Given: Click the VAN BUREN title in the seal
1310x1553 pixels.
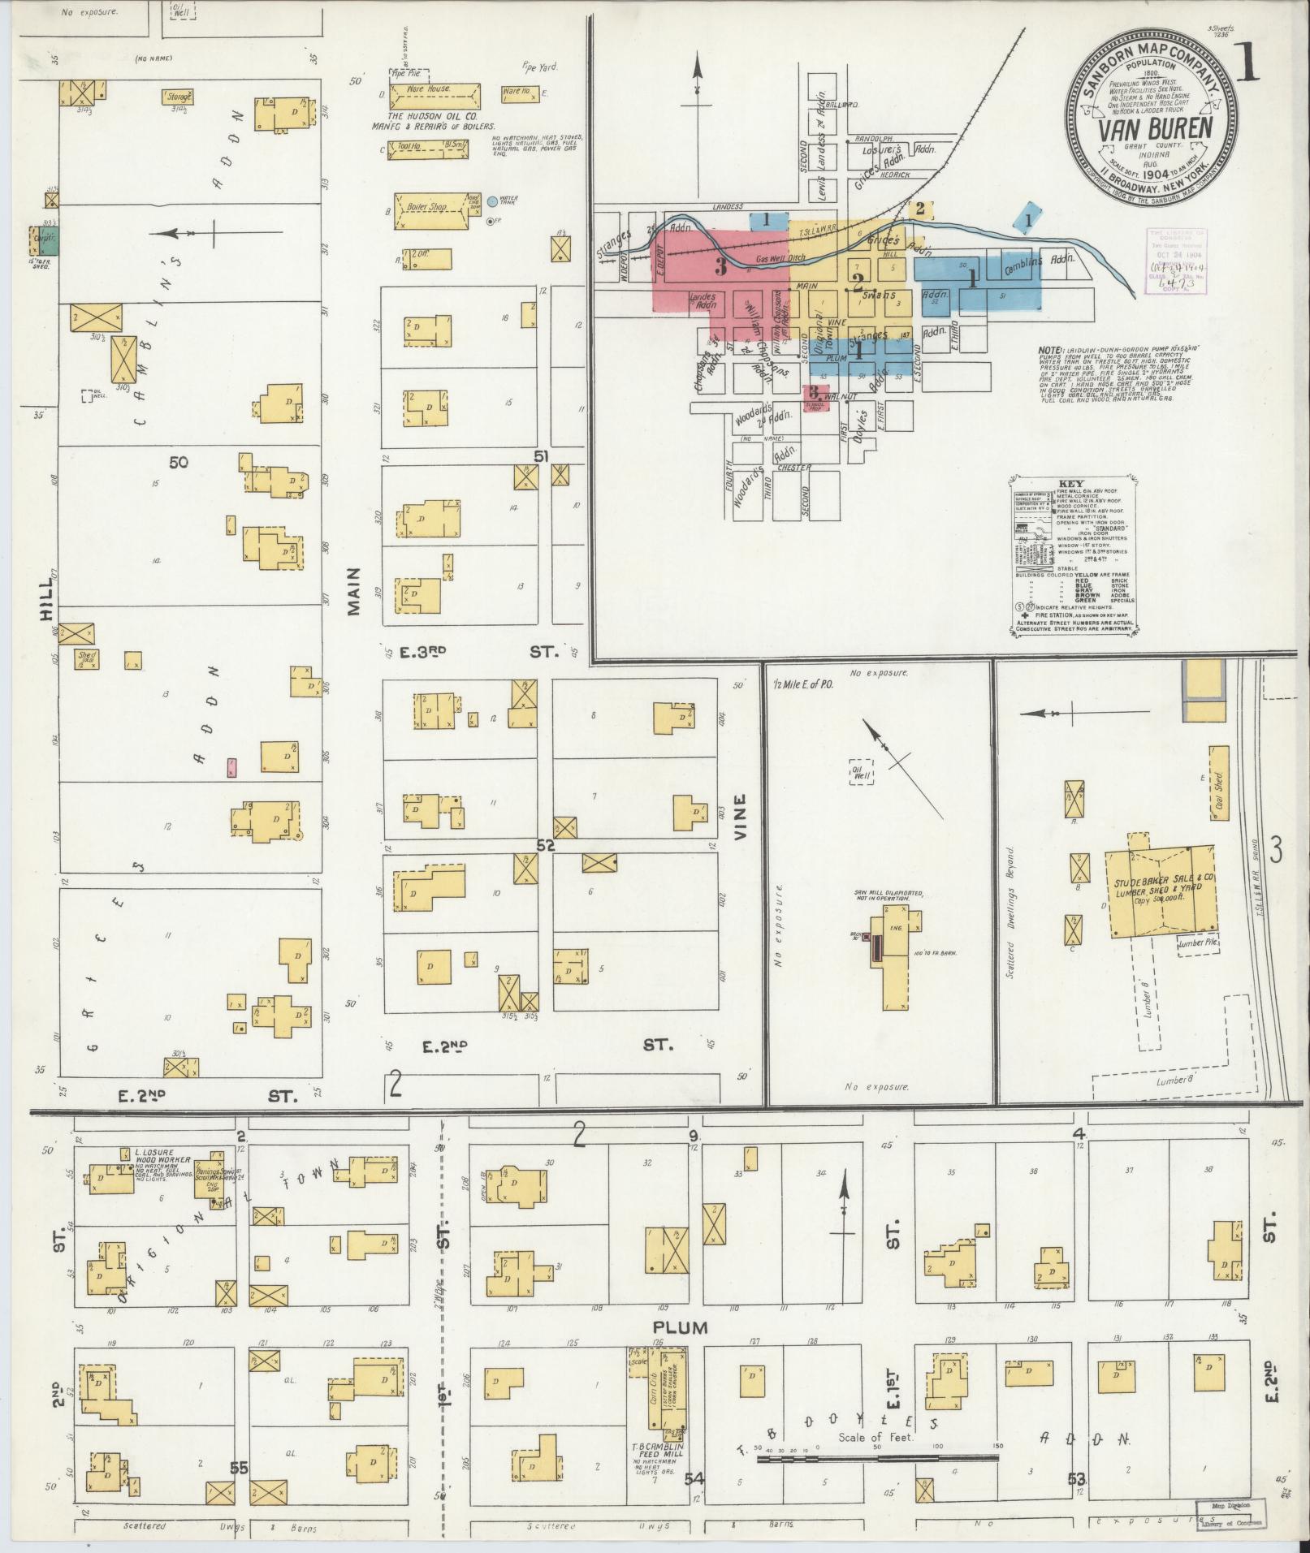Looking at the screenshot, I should click(1157, 128).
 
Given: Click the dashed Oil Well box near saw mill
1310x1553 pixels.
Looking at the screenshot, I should click(860, 772).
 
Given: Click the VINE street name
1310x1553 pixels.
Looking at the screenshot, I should click(740, 812).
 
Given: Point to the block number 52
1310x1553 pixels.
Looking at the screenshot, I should click(544, 845).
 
